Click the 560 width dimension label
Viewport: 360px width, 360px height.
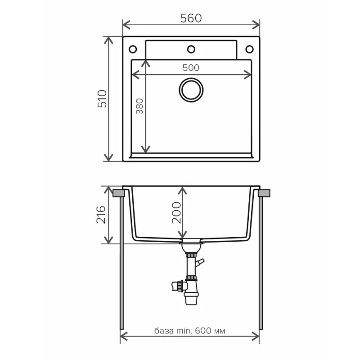pos(191,18)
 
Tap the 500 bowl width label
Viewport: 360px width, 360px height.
pos(191,67)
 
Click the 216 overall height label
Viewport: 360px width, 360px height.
pos(101,215)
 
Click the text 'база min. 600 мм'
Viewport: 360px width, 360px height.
pos(189,331)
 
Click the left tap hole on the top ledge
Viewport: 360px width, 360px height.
pos(133,48)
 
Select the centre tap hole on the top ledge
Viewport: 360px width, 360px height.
pos(191,48)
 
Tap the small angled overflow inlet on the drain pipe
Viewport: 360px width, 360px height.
pos(201,262)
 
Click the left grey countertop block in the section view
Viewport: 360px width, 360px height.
pos(118,193)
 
